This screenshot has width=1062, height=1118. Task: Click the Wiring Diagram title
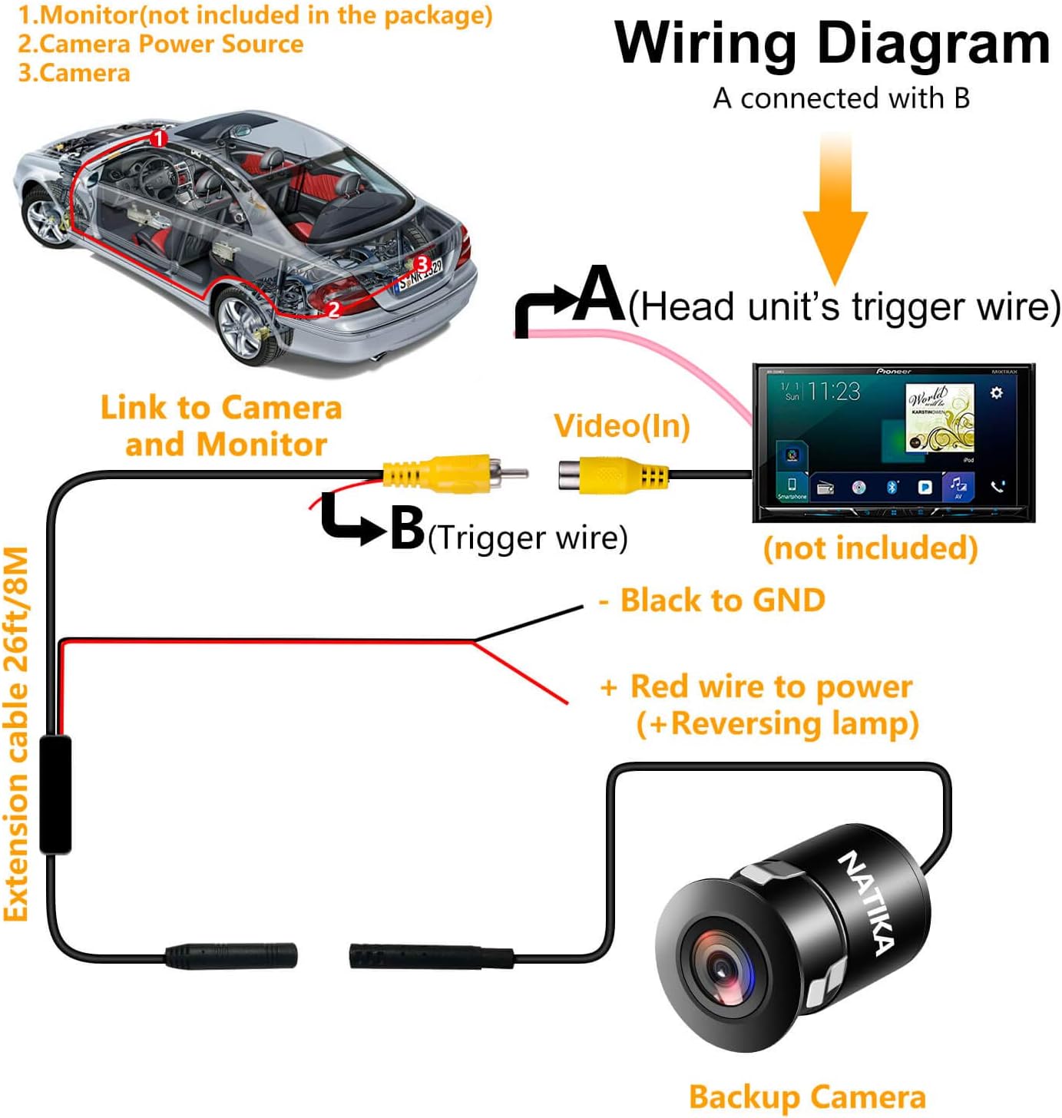point(832,44)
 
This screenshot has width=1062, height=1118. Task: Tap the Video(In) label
point(621,425)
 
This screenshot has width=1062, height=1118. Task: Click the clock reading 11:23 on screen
point(834,392)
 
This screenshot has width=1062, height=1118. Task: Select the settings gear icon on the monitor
point(996,393)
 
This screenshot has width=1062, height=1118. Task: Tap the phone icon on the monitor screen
point(997,486)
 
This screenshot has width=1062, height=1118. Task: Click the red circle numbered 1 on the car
point(159,139)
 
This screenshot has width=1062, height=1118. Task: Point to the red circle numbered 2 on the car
point(333,309)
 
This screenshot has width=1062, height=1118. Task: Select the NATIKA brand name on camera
point(866,902)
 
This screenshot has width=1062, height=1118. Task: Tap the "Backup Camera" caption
point(806,1096)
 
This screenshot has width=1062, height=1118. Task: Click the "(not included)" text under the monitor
point(870,548)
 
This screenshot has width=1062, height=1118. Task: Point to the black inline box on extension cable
point(55,794)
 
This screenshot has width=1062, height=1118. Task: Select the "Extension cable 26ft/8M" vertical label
point(17,733)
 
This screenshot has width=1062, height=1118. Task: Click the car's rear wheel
point(245,326)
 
